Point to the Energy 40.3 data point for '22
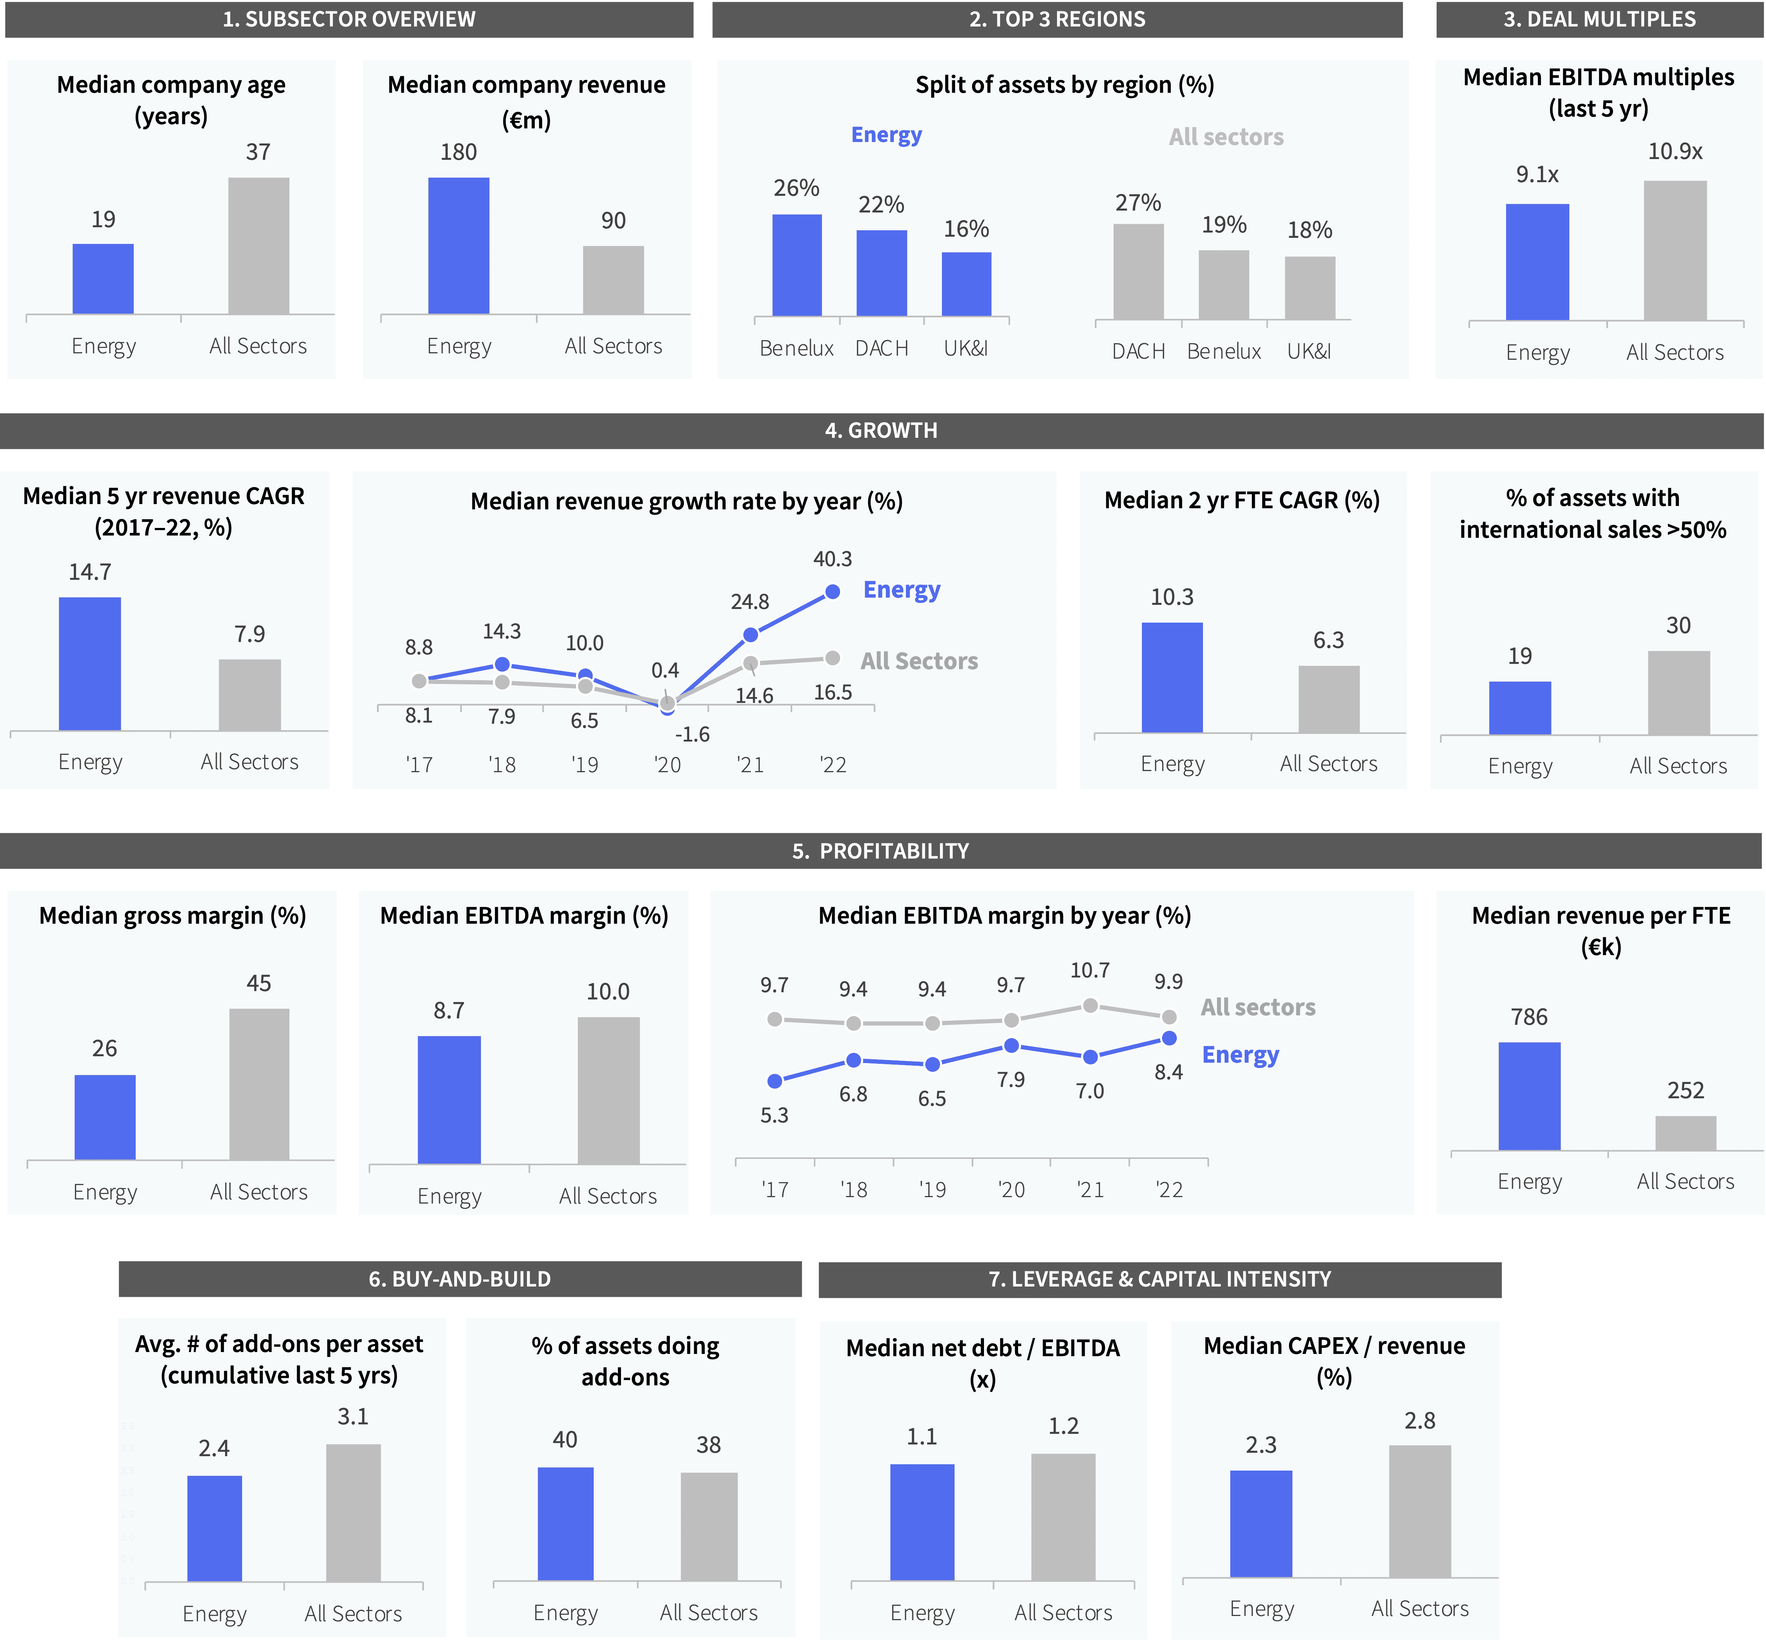coord(832,592)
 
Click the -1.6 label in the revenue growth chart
coord(692,734)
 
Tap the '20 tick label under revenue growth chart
coord(667,765)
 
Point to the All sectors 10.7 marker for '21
coord(1090,1005)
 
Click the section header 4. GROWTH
coord(880,431)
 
